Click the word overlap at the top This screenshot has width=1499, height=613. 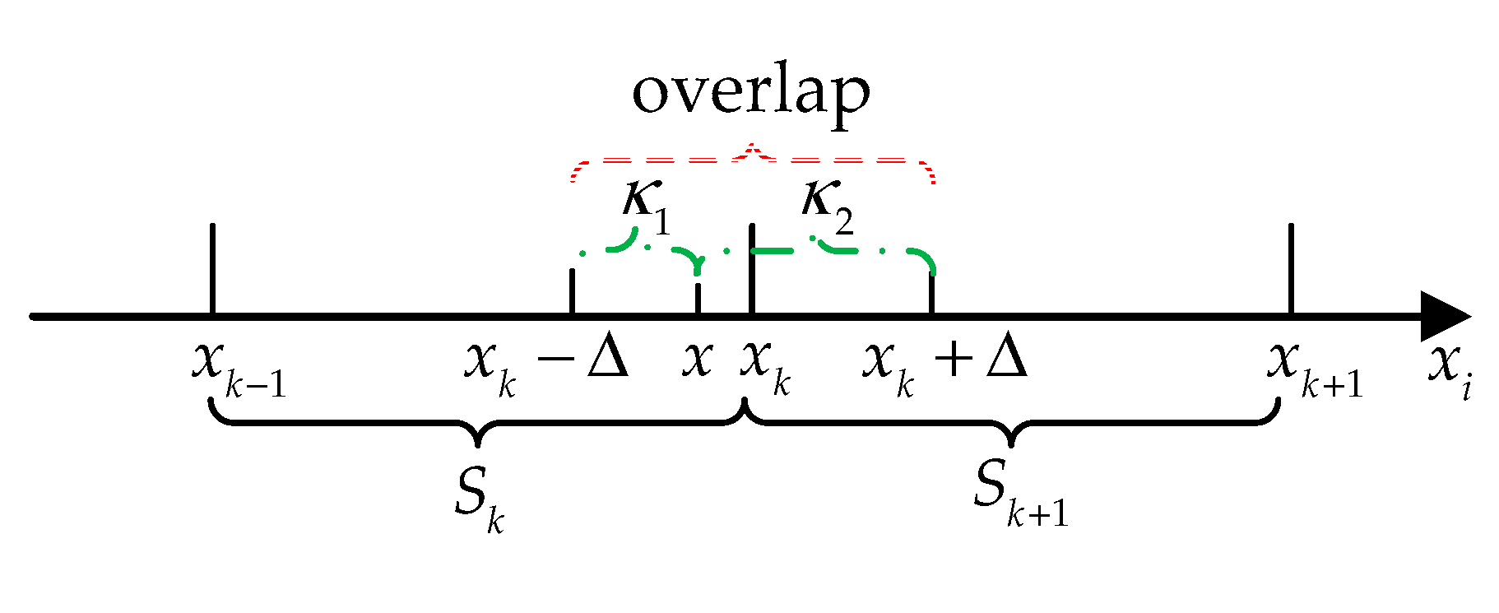(750, 92)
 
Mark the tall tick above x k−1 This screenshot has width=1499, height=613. (212, 267)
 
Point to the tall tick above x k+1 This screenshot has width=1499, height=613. (1291, 267)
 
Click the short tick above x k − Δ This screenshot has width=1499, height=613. (572, 290)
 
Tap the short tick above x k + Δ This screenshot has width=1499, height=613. (931, 292)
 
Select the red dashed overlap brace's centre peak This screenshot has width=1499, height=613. (750, 148)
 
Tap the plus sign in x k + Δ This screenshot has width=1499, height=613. (954, 360)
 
